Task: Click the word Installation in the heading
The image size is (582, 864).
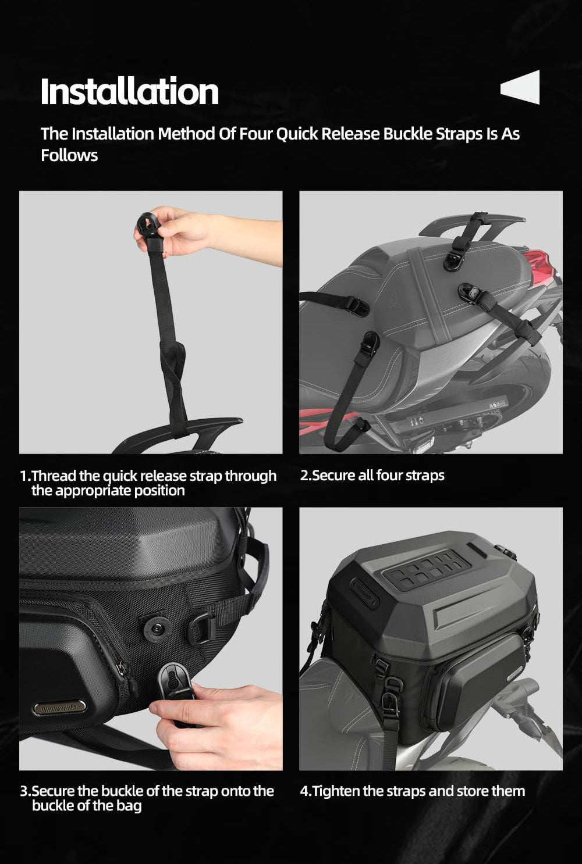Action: tap(129, 91)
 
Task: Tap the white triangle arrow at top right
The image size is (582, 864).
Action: tap(521, 87)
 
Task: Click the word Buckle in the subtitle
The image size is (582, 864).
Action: tap(408, 134)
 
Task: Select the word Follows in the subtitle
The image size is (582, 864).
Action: tap(69, 155)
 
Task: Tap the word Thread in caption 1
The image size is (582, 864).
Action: tap(54, 476)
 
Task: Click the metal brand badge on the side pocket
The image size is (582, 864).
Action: tap(59, 707)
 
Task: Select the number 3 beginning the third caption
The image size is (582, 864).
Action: tap(24, 791)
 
